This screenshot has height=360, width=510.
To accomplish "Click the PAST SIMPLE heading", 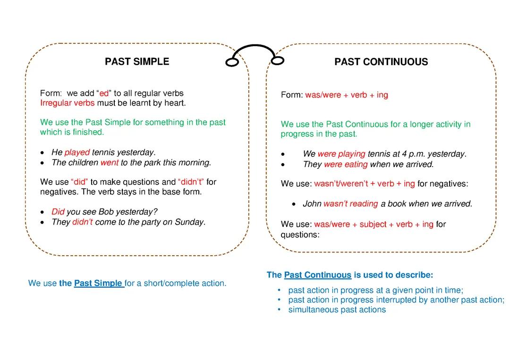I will click(x=137, y=62).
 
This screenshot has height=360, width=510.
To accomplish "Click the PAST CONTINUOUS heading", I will click(x=381, y=62).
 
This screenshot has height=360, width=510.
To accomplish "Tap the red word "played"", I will click(x=77, y=152).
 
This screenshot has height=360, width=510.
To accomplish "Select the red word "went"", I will click(x=109, y=163).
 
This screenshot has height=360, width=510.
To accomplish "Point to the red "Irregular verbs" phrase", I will click(x=68, y=103).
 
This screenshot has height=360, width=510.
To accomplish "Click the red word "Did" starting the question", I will click(x=58, y=212).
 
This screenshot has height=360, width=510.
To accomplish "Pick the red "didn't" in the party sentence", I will click(x=83, y=222).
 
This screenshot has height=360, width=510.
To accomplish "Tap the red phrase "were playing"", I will click(x=341, y=154).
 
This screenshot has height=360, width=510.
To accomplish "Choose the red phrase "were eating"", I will click(x=346, y=164).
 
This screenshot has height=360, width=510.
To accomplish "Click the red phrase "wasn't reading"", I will click(x=350, y=204).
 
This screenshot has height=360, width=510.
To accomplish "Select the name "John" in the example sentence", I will click(x=312, y=204).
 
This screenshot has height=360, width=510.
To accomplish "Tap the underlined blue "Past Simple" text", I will click(x=98, y=284).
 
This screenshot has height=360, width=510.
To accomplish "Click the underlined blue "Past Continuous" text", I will click(x=318, y=275).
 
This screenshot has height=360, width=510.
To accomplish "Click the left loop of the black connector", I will click(x=232, y=62).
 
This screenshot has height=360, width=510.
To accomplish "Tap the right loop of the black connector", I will click(x=278, y=60).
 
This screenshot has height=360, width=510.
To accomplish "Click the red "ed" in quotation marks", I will click(x=104, y=93).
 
